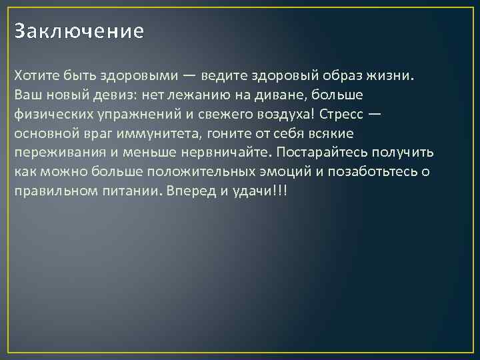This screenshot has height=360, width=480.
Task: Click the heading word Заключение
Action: coord(79,31)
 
